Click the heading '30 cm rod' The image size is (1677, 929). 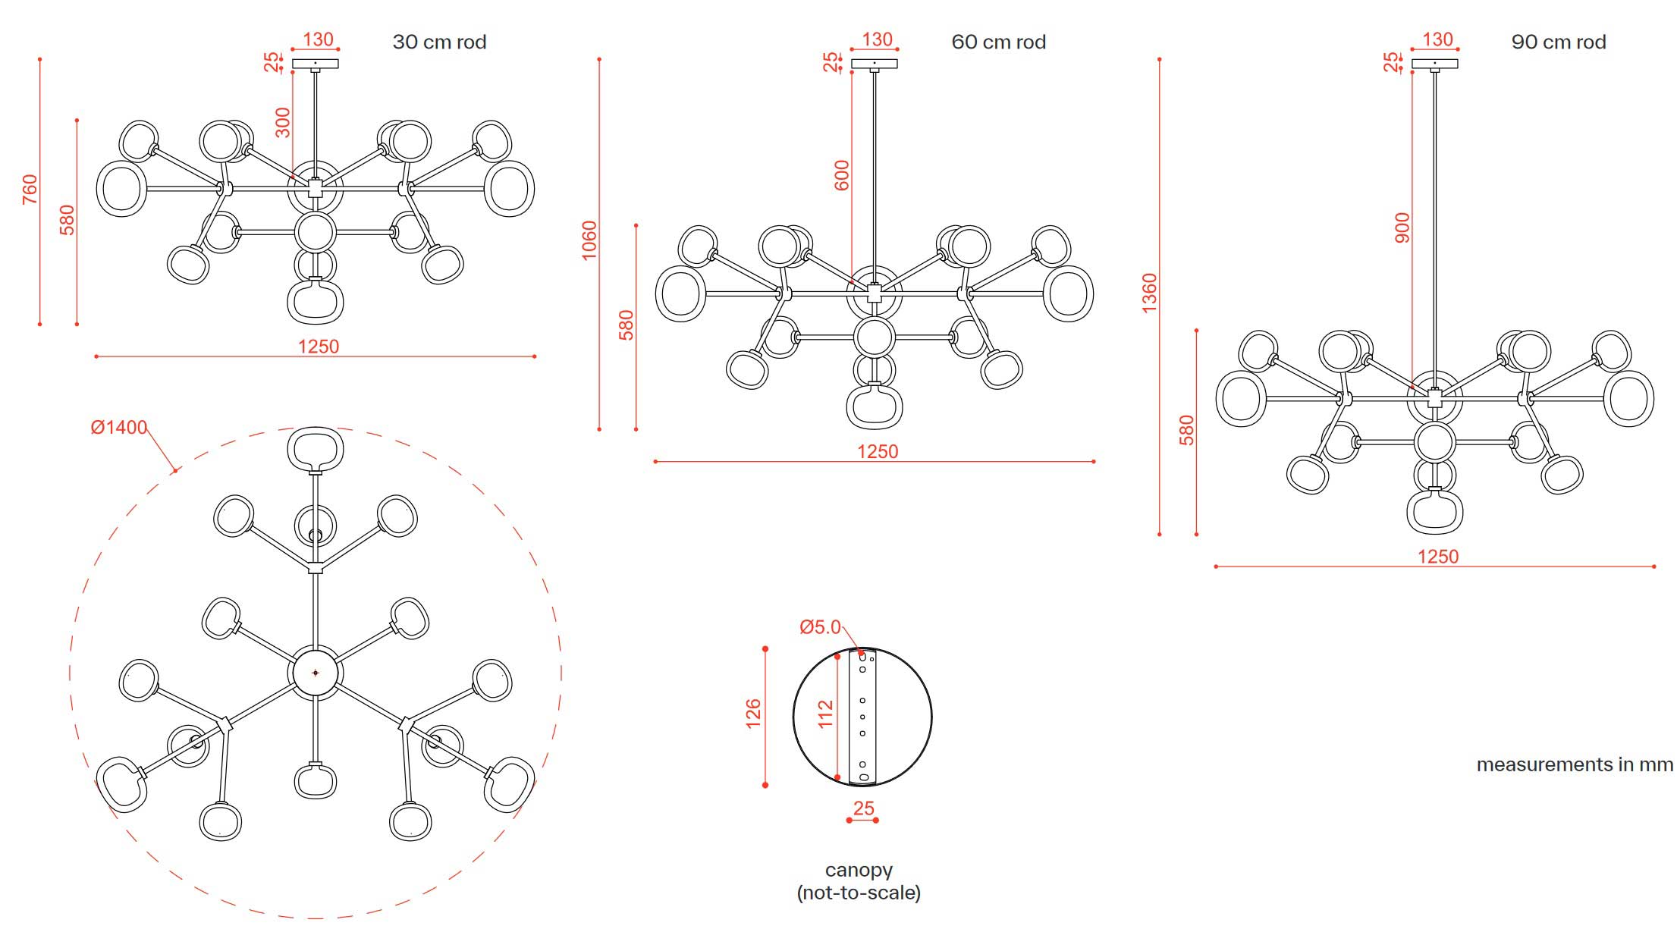(439, 42)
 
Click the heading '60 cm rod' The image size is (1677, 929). (998, 42)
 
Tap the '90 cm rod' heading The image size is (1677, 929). (1559, 42)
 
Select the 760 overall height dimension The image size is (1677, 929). (30, 190)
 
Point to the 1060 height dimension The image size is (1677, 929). (589, 240)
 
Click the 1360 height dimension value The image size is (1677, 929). (1150, 293)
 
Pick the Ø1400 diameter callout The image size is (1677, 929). (119, 428)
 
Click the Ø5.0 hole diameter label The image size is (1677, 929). (820, 627)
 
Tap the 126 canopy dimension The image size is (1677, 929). (753, 714)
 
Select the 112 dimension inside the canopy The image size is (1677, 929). (826, 714)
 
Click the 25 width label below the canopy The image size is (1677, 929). (863, 808)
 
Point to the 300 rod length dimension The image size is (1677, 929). (283, 123)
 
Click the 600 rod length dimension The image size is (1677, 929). (842, 175)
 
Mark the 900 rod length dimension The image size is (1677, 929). (1402, 228)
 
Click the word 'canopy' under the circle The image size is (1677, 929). (859, 871)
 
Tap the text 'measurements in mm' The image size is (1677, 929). (1575, 764)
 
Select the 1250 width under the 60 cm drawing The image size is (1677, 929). (878, 452)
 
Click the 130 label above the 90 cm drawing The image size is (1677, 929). (1437, 39)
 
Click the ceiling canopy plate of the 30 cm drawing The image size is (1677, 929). (315, 64)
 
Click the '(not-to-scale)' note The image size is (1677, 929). (859, 893)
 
